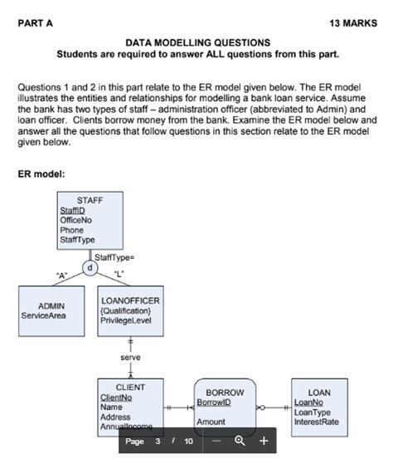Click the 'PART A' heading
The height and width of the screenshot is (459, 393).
(35, 23)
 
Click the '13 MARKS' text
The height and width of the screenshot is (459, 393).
(352, 23)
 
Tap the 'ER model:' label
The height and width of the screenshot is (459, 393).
(43, 174)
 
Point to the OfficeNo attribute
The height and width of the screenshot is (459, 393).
(76, 220)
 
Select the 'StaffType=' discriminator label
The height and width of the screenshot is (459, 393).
(116, 258)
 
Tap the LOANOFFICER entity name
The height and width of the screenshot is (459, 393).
(130, 300)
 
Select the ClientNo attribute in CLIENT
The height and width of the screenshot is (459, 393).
(117, 398)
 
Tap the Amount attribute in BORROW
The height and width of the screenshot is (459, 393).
(211, 422)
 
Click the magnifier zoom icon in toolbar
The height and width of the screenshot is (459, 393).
(241, 441)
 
